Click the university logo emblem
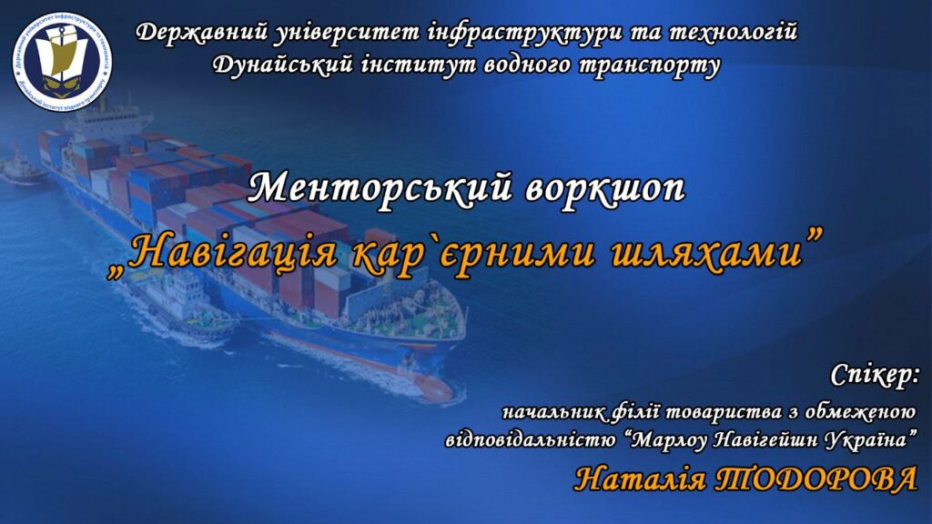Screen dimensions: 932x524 click(62, 61)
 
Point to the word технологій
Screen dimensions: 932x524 click(734, 32)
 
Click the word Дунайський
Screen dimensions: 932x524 click(284, 65)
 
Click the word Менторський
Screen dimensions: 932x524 click(380, 187)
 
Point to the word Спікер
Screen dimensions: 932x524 click(875, 376)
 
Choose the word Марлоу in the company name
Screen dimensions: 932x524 click(669, 440)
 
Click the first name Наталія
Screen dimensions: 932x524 click(641, 479)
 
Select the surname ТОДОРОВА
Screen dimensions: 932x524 click(815, 479)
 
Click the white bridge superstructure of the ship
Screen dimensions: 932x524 click(106, 122)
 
